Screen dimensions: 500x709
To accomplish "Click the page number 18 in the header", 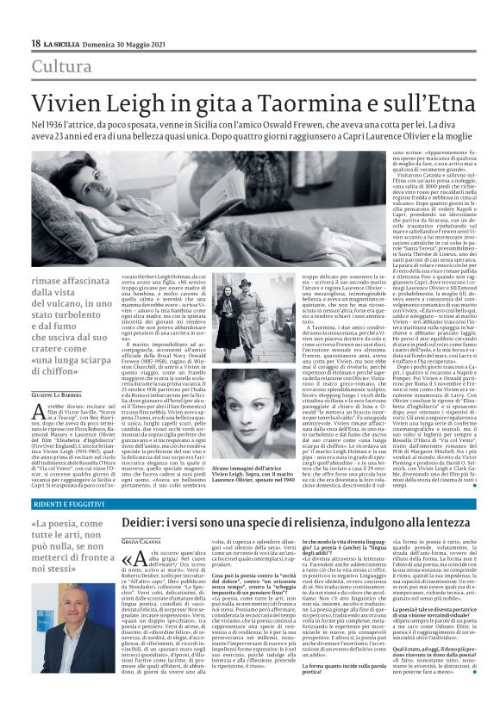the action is (x=35, y=42).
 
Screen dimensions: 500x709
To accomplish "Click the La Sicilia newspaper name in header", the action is (x=65, y=43).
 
